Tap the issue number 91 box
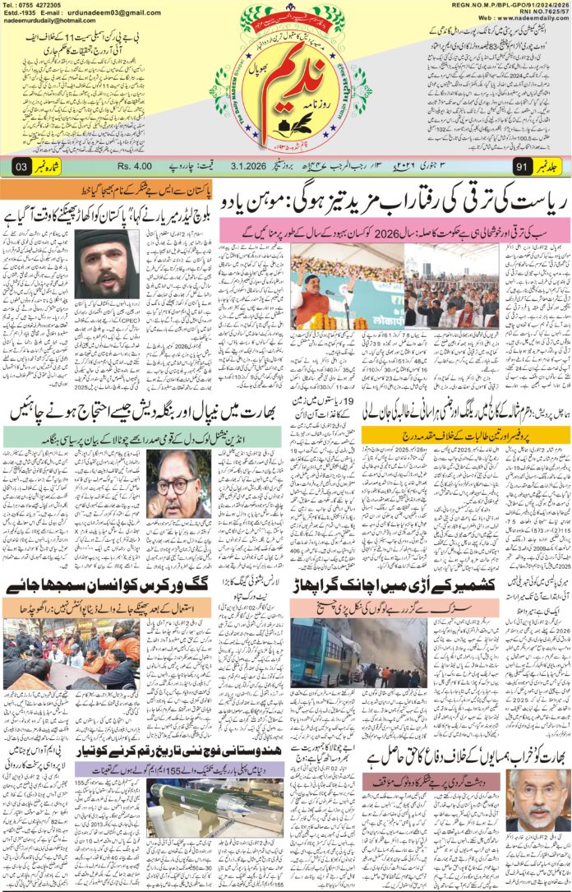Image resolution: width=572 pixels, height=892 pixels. coord(519,169)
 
